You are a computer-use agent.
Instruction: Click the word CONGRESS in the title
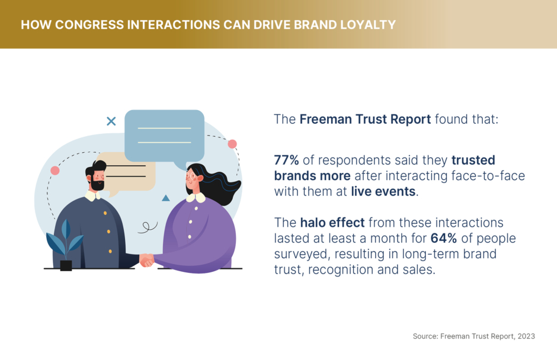point(89,25)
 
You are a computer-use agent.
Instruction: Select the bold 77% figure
point(286,160)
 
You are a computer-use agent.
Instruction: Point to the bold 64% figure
point(444,238)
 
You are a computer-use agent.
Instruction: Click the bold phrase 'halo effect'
point(332,223)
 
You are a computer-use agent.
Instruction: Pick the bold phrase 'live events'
point(383,191)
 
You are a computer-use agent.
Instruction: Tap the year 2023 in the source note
point(526,336)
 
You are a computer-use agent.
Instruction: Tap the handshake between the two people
point(146,260)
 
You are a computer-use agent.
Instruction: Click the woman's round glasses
point(191,176)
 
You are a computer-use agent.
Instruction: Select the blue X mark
point(111,121)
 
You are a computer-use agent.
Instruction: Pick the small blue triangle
point(165,198)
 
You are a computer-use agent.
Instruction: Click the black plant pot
point(66,266)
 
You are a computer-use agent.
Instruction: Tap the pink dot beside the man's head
point(55,171)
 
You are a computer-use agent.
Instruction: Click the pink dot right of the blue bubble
point(232,144)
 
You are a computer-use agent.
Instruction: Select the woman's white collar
point(196,197)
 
